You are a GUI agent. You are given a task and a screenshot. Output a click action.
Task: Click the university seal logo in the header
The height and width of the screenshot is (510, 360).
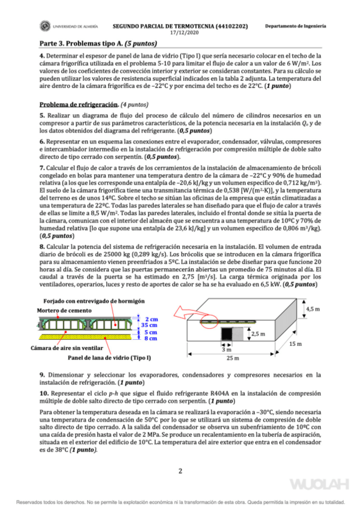(45, 27)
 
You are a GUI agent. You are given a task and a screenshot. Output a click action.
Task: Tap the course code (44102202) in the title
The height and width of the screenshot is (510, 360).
(227, 26)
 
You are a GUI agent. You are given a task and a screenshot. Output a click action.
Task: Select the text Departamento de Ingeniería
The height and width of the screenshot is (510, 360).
(296, 26)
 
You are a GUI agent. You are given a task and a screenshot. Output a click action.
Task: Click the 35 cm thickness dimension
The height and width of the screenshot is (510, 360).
(151, 325)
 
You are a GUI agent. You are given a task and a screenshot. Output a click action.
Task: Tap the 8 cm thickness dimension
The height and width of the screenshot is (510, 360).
(150, 339)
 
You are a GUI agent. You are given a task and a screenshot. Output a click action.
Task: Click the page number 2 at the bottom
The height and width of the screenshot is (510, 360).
(180, 471)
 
